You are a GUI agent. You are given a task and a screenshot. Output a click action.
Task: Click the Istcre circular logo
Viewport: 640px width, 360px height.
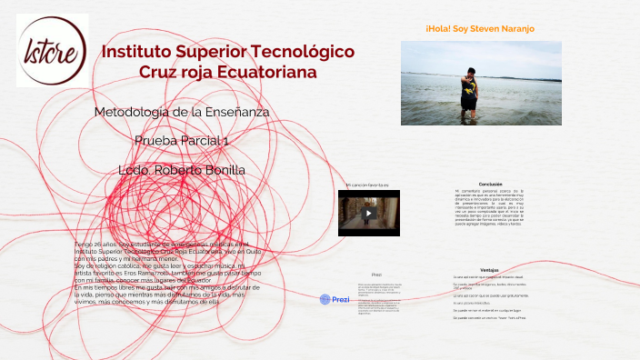(x=52, y=50)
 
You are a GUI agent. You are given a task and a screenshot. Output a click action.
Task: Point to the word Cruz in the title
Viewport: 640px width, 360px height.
(x=160, y=72)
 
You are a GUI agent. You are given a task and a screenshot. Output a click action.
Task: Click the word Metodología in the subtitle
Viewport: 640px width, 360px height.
(x=131, y=112)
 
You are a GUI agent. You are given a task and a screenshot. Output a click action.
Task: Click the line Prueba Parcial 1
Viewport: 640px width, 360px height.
(x=182, y=141)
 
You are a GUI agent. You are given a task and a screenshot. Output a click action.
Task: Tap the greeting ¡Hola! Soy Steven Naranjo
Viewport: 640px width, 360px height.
(x=480, y=29)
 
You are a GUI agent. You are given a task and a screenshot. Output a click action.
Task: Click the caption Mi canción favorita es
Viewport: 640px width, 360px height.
(x=368, y=185)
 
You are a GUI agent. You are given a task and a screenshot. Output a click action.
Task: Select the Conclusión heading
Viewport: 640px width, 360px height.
(x=490, y=184)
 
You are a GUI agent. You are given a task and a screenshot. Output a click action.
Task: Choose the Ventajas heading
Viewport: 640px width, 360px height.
(x=489, y=270)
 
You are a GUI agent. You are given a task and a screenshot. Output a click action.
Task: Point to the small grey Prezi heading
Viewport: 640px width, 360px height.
(x=376, y=274)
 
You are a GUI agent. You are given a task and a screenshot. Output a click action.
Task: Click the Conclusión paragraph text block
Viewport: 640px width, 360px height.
(x=490, y=208)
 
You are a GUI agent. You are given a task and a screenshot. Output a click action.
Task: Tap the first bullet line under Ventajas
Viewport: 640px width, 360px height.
(x=489, y=277)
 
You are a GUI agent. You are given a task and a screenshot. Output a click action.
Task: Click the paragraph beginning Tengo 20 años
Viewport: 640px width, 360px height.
(x=168, y=273)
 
